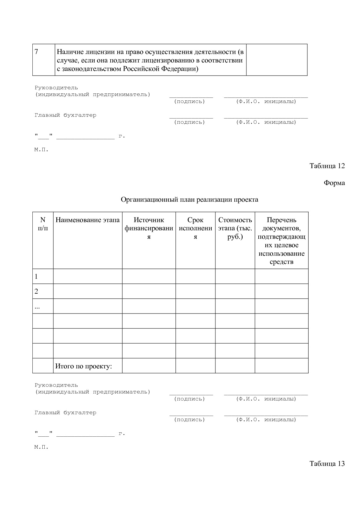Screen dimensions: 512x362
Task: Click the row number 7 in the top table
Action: (x=36, y=52)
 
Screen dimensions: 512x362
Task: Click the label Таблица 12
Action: (x=327, y=166)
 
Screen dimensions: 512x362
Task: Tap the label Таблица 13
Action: (x=327, y=463)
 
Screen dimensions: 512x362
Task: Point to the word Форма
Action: (x=334, y=183)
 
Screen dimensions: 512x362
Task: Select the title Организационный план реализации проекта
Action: (x=189, y=200)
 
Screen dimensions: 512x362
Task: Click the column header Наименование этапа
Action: (x=88, y=220)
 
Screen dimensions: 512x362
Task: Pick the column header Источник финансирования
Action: (x=149, y=228)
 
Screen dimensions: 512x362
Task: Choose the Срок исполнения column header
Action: (x=195, y=228)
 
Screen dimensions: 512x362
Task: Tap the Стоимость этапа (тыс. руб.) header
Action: (x=235, y=228)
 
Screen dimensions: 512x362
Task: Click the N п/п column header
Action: (x=43, y=224)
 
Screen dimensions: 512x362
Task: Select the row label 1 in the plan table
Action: (x=36, y=276)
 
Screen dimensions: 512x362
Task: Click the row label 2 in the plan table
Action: (x=36, y=291)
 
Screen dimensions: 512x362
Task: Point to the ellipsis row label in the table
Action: (x=37, y=307)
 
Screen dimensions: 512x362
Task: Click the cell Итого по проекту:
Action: (x=84, y=366)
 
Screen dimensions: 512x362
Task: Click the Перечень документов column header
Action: (x=281, y=241)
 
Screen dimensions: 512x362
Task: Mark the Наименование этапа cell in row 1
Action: (x=88, y=276)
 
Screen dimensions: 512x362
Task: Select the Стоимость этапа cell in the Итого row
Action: (x=235, y=366)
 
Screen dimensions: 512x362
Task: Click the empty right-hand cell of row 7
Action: (x=276, y=60)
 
